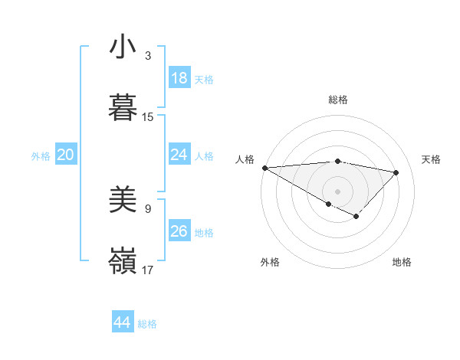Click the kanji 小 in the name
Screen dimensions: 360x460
pos(123,47)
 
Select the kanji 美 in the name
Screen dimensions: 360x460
pos(123,201)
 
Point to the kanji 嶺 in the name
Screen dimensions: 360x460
pos(123,261)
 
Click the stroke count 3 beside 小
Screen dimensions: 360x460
pos(148,56)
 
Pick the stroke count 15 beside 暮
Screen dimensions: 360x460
pos(148,117)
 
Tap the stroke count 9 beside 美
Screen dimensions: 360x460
pos(148,208)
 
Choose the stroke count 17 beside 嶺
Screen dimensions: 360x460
pos(148,270)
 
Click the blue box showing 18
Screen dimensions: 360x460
pos(179,78)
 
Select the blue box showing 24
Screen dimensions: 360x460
pos(179,155)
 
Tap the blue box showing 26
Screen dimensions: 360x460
pos(179,231)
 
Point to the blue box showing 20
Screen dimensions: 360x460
pos(66,155)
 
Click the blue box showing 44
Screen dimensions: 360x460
pos(123,322)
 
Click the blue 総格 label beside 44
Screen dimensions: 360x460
pos(147,324)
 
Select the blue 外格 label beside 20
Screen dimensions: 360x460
pos(41,156)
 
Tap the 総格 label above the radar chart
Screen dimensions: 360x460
pos(337,100)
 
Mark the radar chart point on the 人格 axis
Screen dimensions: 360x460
pos(264,168)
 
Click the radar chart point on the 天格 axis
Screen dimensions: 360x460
pos(396,172)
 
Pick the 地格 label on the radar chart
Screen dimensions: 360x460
pos(402,262)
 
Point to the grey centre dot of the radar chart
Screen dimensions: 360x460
pos(337,191)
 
